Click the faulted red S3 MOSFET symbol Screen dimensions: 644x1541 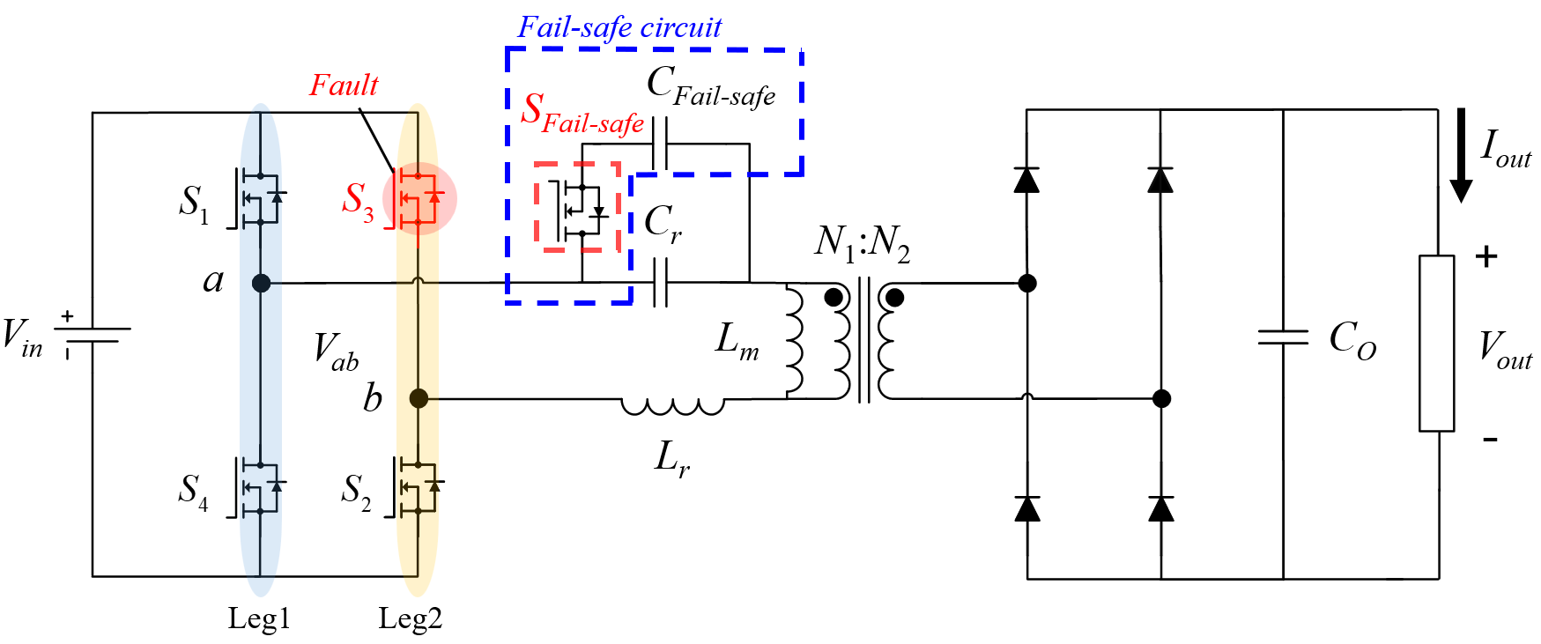click(x=418, y=198)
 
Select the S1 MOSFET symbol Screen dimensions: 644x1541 click(x=259, y=198)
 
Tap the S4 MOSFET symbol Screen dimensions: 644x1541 click(x=259, y=487)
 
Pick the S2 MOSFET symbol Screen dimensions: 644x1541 click(x=418, y=487)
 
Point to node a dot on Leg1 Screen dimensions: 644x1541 click(x=261, y=283)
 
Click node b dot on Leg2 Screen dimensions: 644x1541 click(x=419, y=398)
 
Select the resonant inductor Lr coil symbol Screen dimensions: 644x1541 click(x=672, y=405)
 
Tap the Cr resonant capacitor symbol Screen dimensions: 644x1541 click(x=661, y=283)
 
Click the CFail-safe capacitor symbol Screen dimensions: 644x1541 click(x=661, y=144)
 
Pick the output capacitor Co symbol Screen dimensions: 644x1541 click(x=1283, y=337)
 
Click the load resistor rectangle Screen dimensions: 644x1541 click(x=1436, y=344)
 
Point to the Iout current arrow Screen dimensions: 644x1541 click(x=1461, y=155)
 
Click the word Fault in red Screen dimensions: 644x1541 click(x=344, y=85)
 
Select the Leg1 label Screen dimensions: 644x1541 click(x=259, y=618)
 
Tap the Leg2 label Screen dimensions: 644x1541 click(x=411, y=618)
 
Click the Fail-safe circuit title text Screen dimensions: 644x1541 click(x=619, y=27)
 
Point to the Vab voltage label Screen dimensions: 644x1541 click(x=336, y=350)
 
